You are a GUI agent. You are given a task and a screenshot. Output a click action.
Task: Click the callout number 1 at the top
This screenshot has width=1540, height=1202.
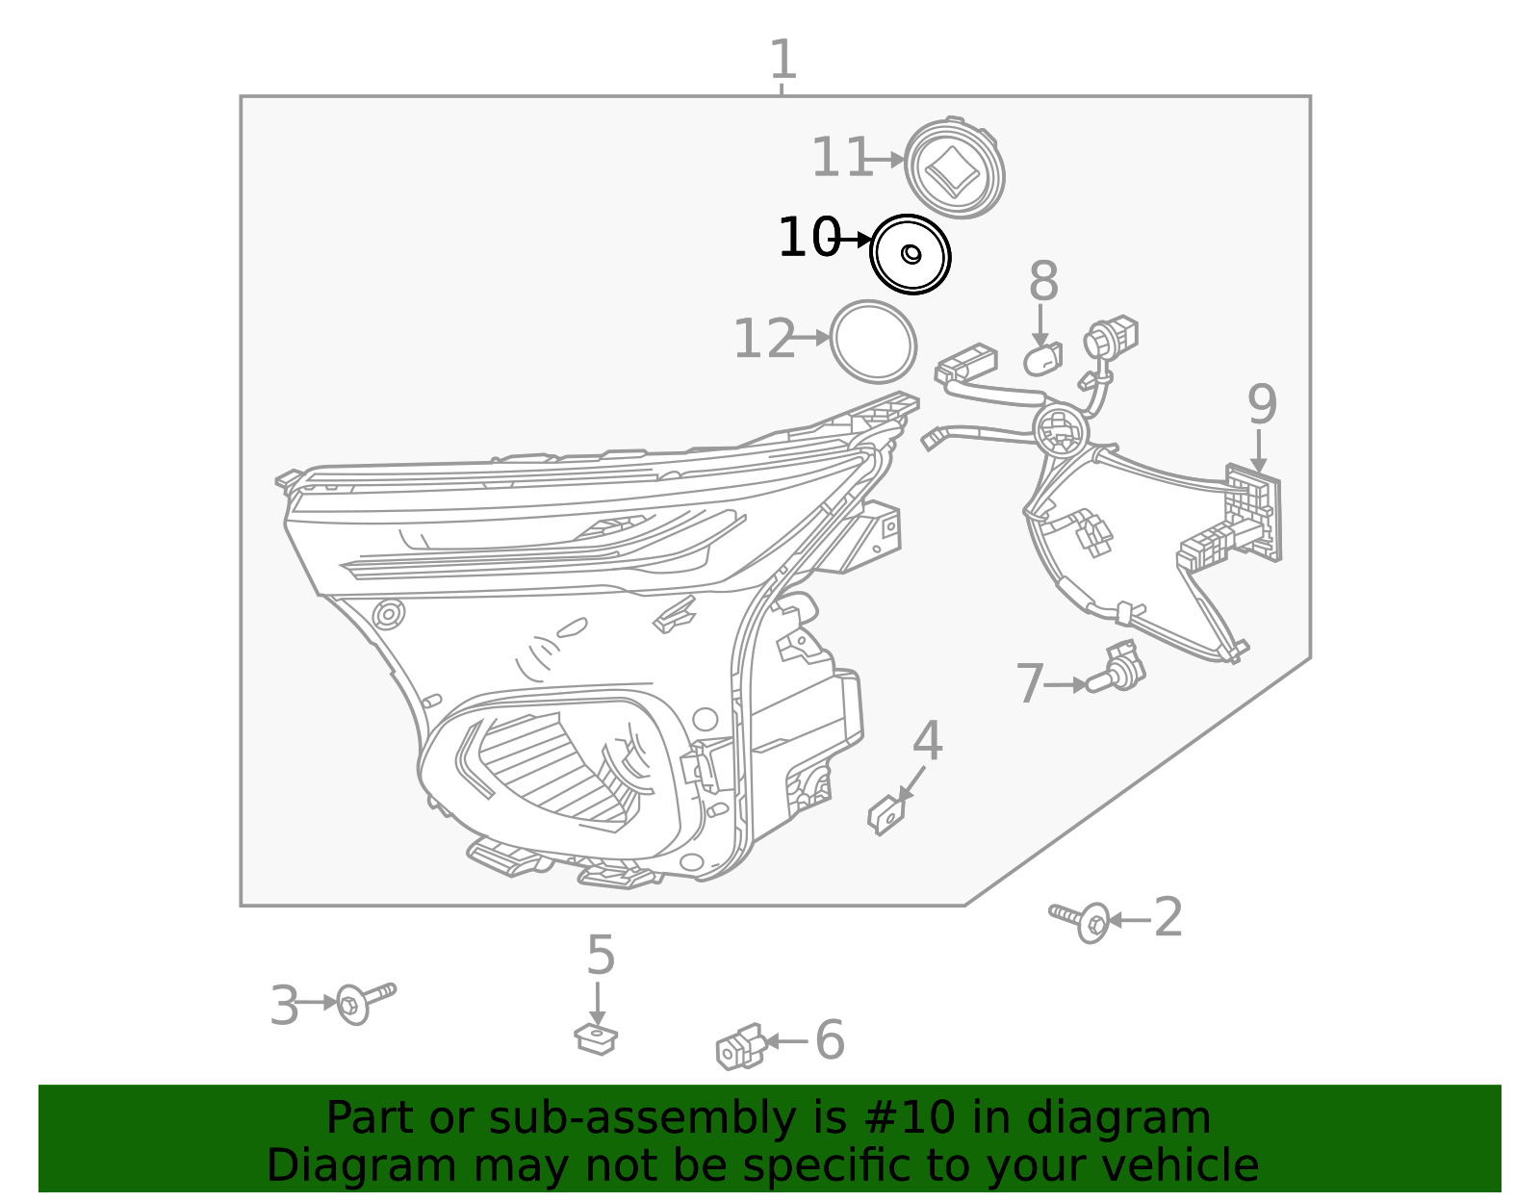[x=783, y=60]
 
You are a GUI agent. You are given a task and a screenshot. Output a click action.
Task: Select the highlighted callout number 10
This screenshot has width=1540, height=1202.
[x=808, y=238]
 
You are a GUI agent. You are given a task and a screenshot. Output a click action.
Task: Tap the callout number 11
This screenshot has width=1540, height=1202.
[x=840, y=158]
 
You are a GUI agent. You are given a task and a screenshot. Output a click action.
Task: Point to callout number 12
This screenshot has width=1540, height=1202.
[x=764, y=339]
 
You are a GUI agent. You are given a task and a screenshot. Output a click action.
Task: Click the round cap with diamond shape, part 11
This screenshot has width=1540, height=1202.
[x=954, y=168]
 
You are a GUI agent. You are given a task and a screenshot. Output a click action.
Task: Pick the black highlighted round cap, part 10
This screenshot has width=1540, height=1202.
[x=910, y=254]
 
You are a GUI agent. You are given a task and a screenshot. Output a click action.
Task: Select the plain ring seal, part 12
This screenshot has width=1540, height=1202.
[x=873, y=342]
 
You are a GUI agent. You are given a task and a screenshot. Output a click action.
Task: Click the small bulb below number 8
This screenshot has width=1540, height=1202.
[x=1042, y=361]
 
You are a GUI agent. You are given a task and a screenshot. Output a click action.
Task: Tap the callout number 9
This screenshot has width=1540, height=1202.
[x=1262, y=405]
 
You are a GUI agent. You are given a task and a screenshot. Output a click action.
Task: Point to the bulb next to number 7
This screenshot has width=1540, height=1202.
[x=1116, y=670]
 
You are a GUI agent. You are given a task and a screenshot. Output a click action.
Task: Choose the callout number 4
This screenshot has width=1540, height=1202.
[x=927, y=742]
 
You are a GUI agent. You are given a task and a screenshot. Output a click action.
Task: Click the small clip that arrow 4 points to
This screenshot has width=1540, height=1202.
[x=885, y=815]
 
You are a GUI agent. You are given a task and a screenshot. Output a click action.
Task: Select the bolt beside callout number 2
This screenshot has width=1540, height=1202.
[x=1082, y=920]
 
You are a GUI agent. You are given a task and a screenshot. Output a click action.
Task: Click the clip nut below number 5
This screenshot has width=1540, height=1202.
[x=596, y=1038]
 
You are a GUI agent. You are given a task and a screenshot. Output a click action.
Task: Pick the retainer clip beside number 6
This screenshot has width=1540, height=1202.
[x=740, y=1046]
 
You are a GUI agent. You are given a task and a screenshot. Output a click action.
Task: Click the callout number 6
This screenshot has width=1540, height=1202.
[x=830, y=1040]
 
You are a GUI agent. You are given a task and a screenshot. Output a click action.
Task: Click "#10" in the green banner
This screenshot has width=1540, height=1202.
[x=910, y=1118]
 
